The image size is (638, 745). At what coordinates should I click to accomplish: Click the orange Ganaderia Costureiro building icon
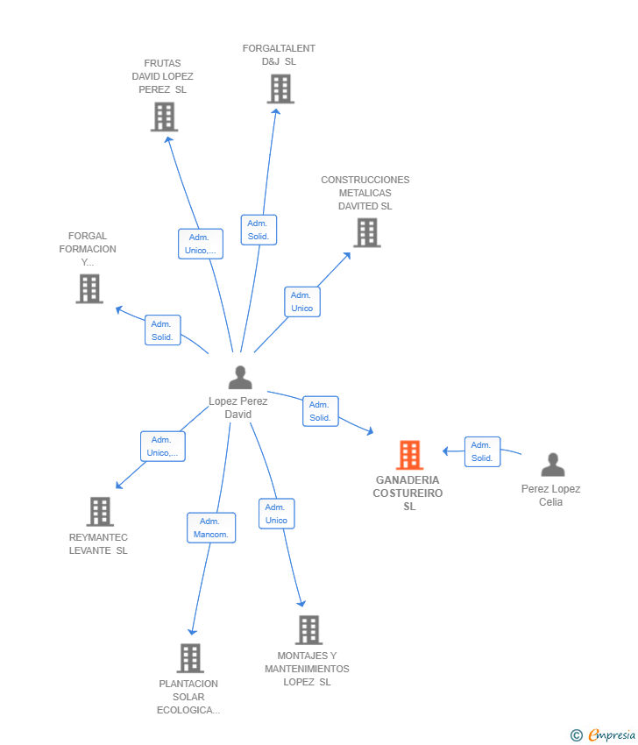click(x=409, y=455)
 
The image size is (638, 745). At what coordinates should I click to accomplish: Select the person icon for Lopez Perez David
click(x=240, y=377)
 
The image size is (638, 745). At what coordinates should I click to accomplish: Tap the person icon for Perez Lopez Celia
click(x=553, y=465)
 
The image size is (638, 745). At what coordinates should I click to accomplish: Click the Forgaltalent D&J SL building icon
click(x=280, y=89)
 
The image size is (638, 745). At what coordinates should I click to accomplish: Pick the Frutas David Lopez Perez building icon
click(x=165, y=117)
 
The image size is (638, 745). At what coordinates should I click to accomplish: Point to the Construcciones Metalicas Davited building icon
click(x=367, y=233)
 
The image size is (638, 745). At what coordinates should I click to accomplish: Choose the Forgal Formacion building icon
click(x=89, y=288)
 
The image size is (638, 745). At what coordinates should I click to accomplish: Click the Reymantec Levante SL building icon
click(x=100, y=511)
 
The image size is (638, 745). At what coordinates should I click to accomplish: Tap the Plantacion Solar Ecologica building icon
click(x=190, y=658)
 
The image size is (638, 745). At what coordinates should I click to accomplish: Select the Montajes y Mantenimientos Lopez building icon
click(x=308, y=629)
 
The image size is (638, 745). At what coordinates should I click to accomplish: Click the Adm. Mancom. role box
click(x=211, y=528)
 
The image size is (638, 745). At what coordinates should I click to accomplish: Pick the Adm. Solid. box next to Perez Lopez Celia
click(x=482, y=451)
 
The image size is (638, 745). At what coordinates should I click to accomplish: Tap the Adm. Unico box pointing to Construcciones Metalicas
click(x=302, y=302)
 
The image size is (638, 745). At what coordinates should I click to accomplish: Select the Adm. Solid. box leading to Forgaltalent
click(x=259, y=230)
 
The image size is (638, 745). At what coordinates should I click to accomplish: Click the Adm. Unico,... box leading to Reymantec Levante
click(x=163, y=446)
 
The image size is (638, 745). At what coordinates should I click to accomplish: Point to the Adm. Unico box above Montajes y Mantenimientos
click(x=276, y=514)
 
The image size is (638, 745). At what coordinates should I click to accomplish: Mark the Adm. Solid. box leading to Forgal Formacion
click(x=162, y=330)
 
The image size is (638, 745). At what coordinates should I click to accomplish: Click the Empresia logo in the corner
click(x=603, y=735)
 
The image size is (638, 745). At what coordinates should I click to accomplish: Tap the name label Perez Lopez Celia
click(x=550, y=495)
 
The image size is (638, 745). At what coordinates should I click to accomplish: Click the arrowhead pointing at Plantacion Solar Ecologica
click(x=192, y=631)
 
